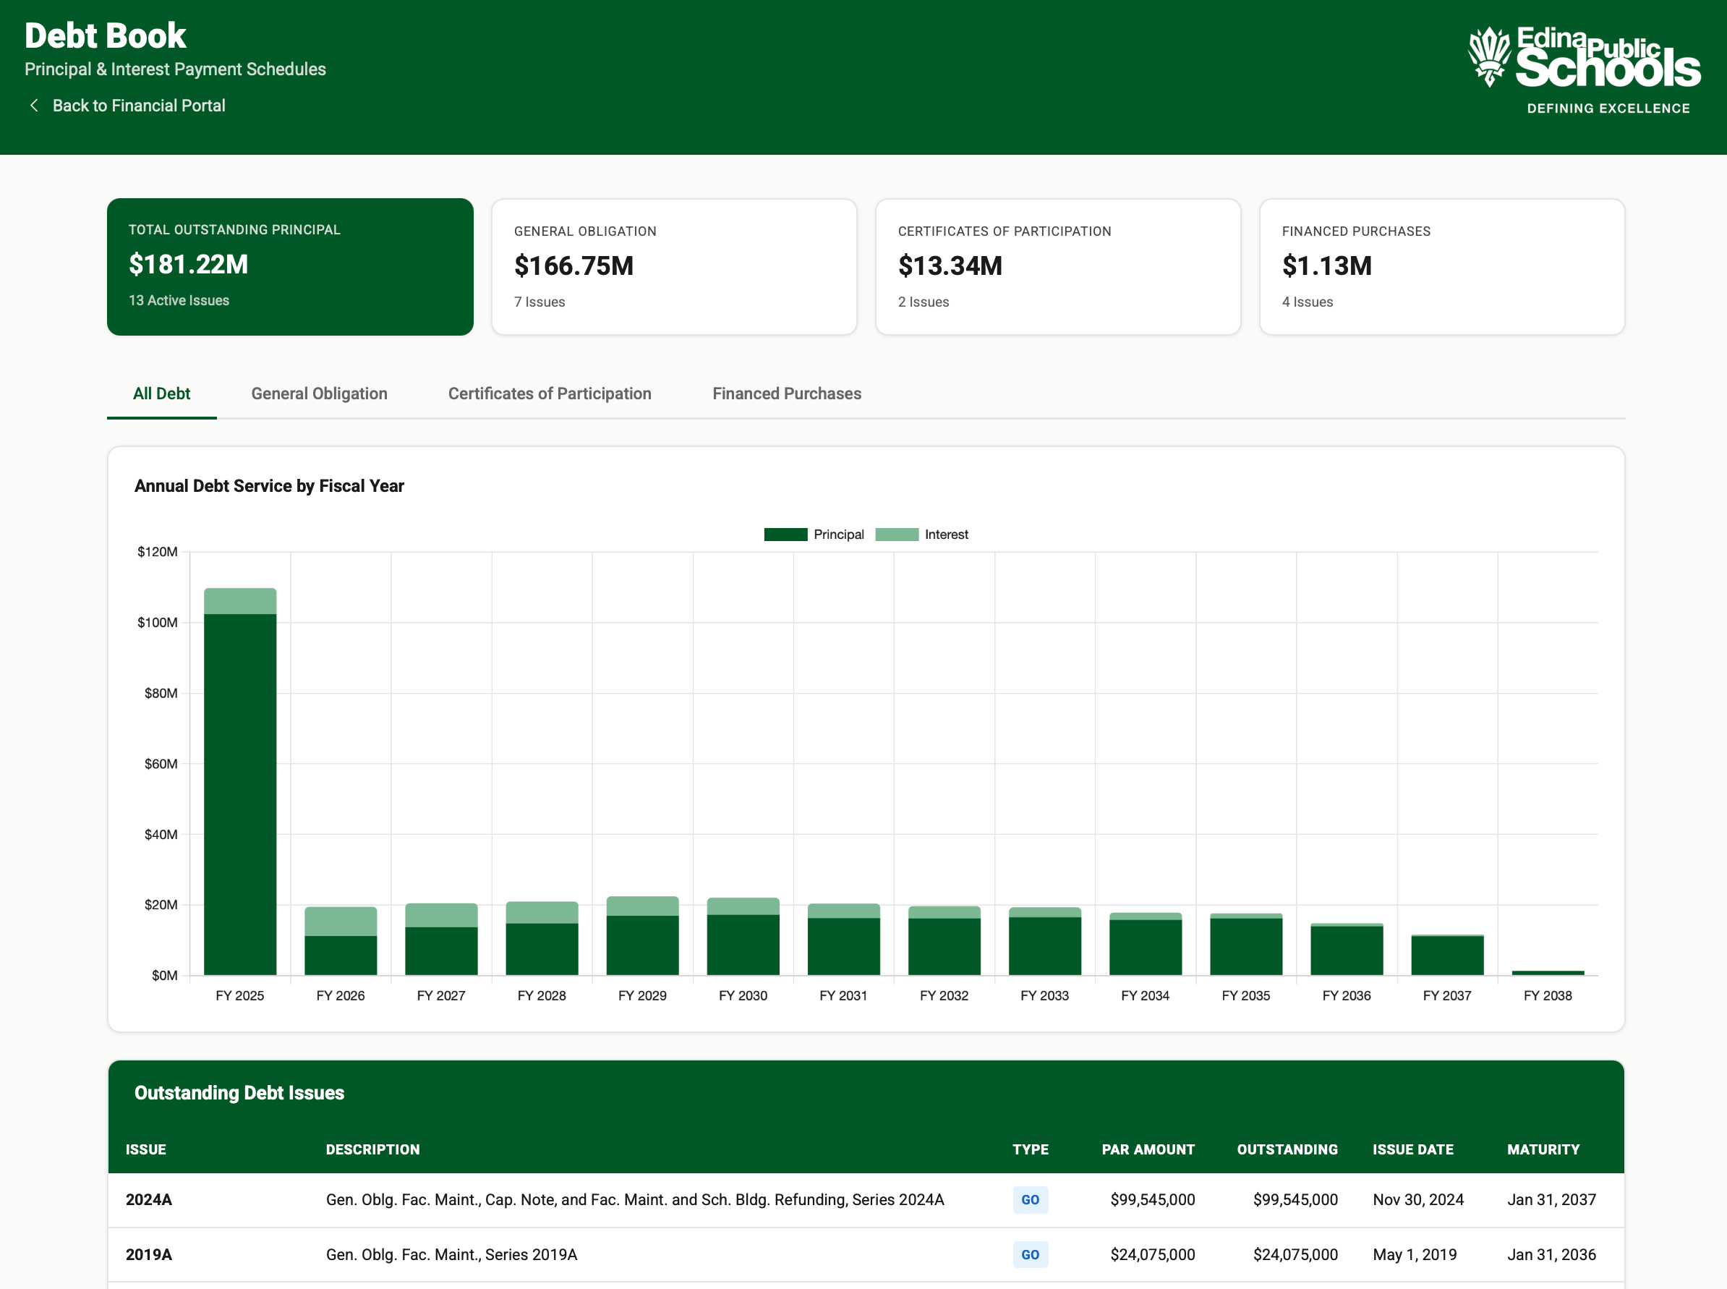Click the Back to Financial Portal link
click(137, 106)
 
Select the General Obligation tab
click(319, 393)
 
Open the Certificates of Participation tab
click(549, 393)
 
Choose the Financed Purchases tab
click(786, 393)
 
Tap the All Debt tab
click(161, 393)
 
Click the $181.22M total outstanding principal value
click(188, 265)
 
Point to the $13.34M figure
click(950, 266)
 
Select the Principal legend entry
click(814, 535)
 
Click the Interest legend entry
click(922, 535)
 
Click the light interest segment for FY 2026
click(340, 921)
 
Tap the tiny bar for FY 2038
click(1547, 972)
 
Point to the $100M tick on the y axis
click(158, 623)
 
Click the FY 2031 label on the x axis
click(843, 995)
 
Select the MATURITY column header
click(1542, 1149)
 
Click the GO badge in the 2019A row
click(1030, 1255)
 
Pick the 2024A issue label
click(148, 1199)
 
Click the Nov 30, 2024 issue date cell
click(1417, 1199)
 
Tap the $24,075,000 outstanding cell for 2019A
click(1294, 1255)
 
